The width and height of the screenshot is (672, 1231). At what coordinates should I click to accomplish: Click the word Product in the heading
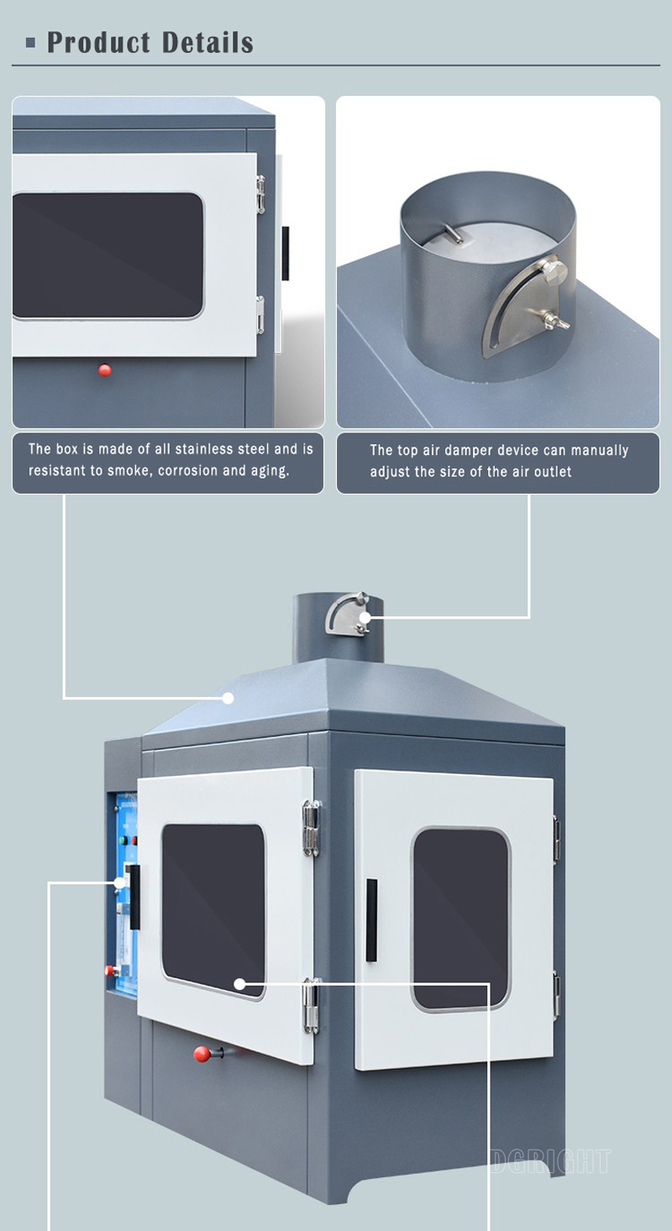[x=98, y=42]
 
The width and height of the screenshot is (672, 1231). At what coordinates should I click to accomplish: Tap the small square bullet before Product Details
[x=31, y=42]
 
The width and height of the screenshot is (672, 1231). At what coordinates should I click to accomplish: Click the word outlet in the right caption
[x=549, y=472]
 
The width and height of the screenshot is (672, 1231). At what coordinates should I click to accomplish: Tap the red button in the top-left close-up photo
[x=105, y=369]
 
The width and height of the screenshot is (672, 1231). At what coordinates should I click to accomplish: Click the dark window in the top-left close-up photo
[x=108, y=255]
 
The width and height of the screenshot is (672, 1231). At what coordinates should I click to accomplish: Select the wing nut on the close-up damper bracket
[x=554, y=320]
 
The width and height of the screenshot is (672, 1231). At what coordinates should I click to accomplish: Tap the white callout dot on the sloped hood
[x=228, y=698]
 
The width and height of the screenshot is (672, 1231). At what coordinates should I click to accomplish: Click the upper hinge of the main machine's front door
[x=312, y=827]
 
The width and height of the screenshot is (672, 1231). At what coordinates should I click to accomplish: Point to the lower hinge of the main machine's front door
[x=312, y=1005]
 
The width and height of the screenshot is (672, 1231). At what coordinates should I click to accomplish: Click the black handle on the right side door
[x=371, y=919]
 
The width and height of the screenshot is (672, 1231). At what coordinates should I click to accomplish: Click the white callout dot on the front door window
[x=239, y=982]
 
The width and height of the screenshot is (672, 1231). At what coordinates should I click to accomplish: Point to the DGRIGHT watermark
[x=550, y=1160]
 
